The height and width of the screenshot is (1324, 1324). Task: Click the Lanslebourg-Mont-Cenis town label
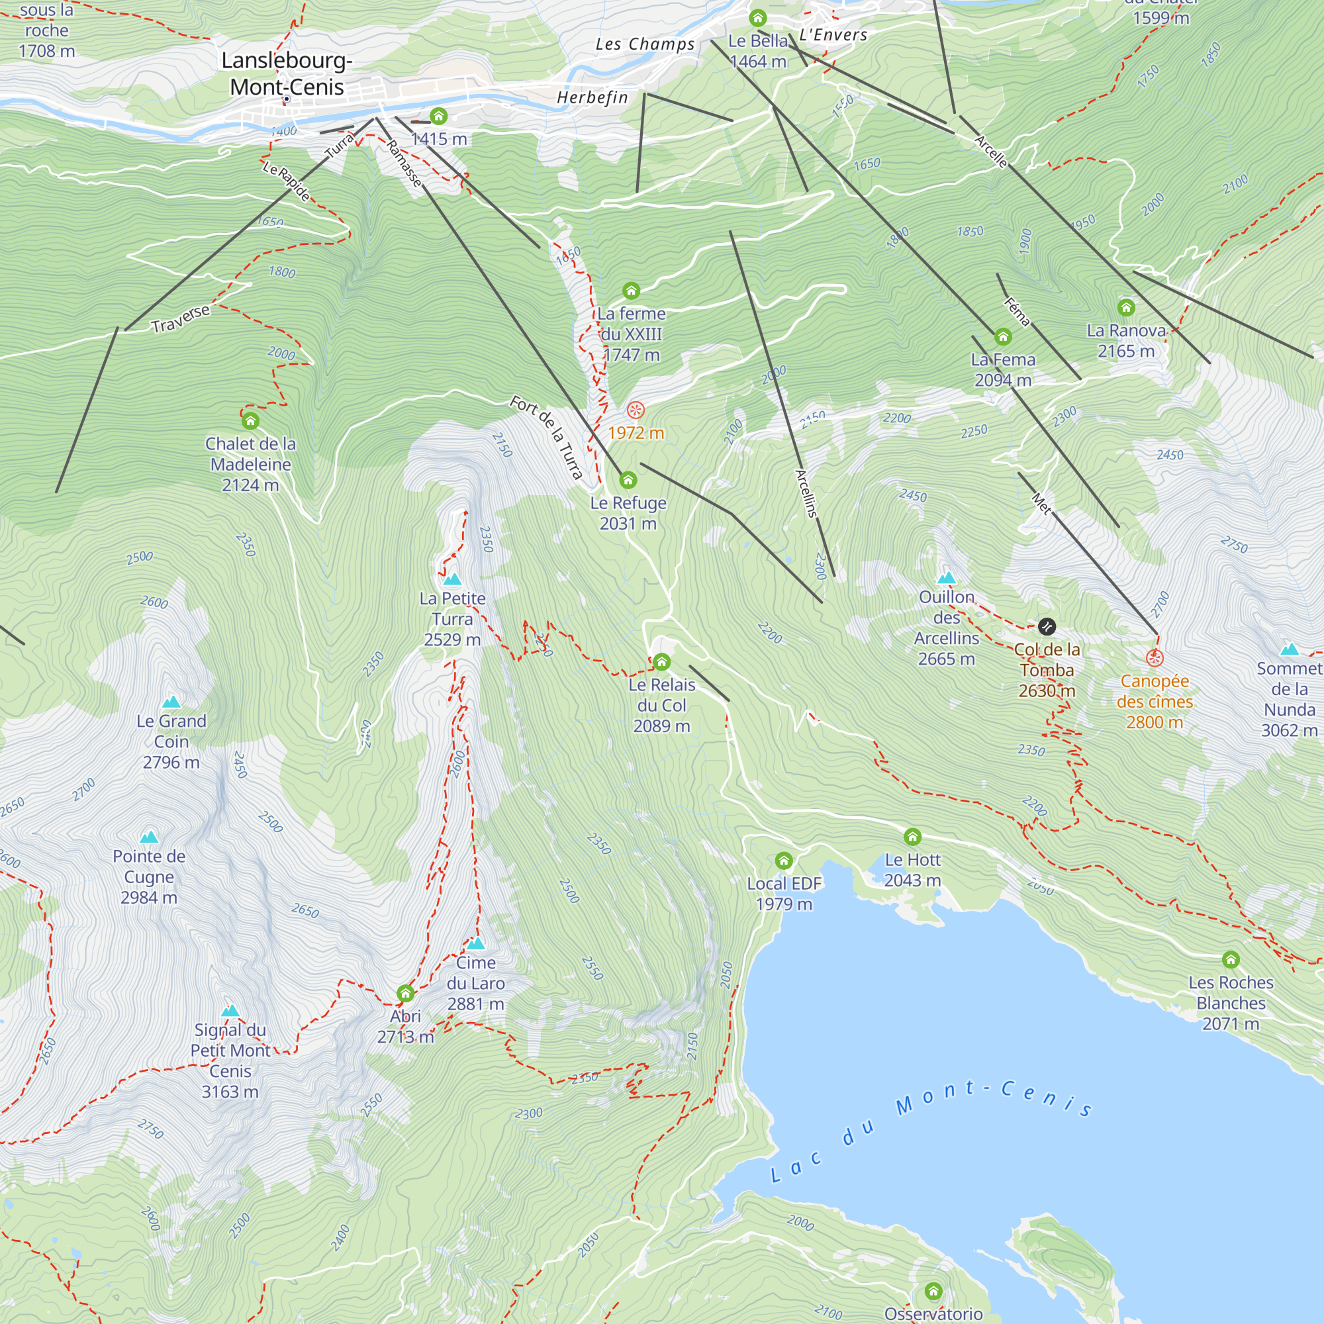click(287, 73)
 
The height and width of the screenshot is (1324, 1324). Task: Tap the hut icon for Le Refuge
click(628, 480)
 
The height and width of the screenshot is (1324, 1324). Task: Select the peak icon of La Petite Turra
click(452, 579)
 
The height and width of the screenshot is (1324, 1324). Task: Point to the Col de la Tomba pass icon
click(1047, 626)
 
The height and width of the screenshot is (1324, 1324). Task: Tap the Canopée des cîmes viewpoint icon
click(1155, 658)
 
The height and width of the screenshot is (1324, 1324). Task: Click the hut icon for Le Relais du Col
click(661, 662)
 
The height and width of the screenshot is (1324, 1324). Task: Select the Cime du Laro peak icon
click(475, 943)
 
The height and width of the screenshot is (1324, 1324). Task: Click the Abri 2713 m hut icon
click(406, 993)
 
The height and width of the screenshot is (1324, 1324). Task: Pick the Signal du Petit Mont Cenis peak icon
click(230, 1011)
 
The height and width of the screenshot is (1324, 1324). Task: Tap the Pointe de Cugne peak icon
click(149, 837)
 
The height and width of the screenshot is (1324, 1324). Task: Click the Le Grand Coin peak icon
click(171, 702)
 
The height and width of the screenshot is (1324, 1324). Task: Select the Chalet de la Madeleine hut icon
click(251, 421)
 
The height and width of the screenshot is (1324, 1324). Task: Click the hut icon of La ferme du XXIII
click(631, 291)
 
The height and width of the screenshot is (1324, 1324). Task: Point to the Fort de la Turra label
click(546, 437)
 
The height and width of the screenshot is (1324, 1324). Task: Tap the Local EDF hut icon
click(784, 861)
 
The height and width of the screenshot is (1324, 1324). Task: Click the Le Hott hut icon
click(912, 837)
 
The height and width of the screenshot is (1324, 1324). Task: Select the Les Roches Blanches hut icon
click(1231, 959)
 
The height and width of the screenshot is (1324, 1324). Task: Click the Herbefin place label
click(592, 98)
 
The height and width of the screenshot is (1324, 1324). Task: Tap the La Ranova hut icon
click(1126, 307)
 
